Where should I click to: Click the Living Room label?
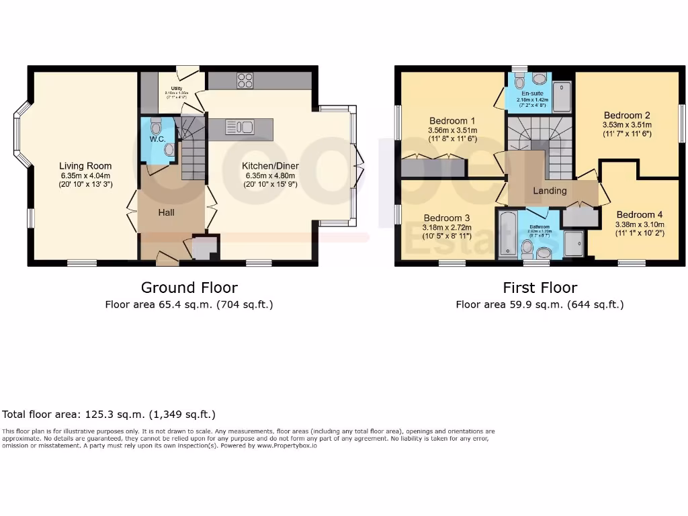pos(85,166)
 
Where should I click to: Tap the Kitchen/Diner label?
pos(271,166)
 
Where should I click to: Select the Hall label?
pos(166,212)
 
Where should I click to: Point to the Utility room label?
pos(177,88)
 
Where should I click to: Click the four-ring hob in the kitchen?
pos(245,81)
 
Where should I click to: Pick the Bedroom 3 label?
pos(447,218)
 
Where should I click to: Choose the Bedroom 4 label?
pos(640,215)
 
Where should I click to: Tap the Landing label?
pos(550,191)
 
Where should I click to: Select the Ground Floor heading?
pos(189,288)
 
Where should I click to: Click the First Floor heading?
pos(540,288)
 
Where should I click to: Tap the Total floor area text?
pos(109,415)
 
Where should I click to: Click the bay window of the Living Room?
pos(21,134)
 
